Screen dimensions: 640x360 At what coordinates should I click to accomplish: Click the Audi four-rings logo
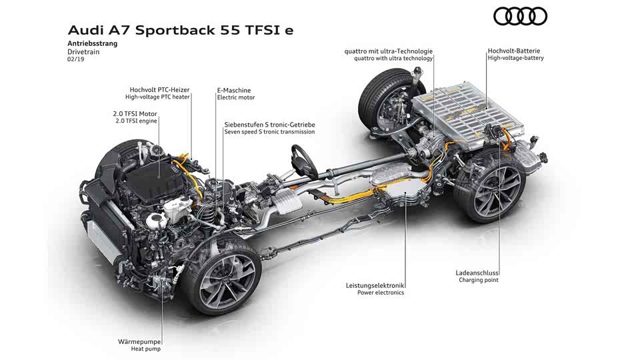[520, 17]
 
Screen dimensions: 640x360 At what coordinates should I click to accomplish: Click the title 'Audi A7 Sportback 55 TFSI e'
[181, 31]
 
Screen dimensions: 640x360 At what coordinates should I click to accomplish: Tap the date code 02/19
[75, 59]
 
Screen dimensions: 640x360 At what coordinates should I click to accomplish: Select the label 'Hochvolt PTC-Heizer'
[159, 90]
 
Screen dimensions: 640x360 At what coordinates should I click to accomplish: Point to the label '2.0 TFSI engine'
[136, 121]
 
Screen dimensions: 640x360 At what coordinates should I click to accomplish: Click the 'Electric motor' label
[236, 97]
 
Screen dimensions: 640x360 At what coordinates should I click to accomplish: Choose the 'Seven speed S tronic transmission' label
[269, 132]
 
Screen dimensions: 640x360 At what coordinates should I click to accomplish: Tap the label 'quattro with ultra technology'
[393, 59]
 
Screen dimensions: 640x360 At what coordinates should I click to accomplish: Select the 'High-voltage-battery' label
[515, 58]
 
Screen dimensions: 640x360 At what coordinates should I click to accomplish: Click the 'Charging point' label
[479, 280]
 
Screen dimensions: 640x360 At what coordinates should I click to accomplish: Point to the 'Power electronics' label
[381, 293]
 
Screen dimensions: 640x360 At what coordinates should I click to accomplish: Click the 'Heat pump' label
[146, 349]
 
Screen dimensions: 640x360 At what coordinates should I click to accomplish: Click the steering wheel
[304, 162]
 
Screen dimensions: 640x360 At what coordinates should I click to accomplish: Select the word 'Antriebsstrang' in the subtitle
[93, 44]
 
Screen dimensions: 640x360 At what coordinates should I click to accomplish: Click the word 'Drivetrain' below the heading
[83, 52]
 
